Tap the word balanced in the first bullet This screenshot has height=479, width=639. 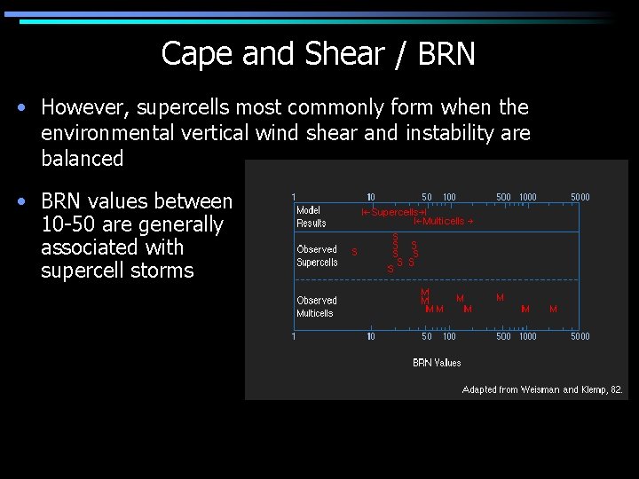tap(82, 159)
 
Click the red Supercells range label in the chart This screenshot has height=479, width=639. tap(395, 212)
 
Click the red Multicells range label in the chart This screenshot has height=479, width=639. tap(443, 221)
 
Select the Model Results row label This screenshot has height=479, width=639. tap(311, 216)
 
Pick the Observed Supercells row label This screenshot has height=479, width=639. tap(317, 255)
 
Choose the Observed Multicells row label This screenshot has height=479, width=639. tap(316, 306)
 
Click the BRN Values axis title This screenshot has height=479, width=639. tap(437, 362)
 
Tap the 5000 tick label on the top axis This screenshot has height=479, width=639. tap(580, 197)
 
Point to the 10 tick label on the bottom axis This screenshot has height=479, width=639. tap(371, 336)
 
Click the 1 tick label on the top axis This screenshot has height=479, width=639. tap(294, 197)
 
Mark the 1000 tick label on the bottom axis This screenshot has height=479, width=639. tap(527, 336)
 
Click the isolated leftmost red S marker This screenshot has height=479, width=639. tap(355, 252)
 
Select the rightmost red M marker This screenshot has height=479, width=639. tap(553, 309)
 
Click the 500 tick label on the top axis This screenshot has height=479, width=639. tap(503, 197)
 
